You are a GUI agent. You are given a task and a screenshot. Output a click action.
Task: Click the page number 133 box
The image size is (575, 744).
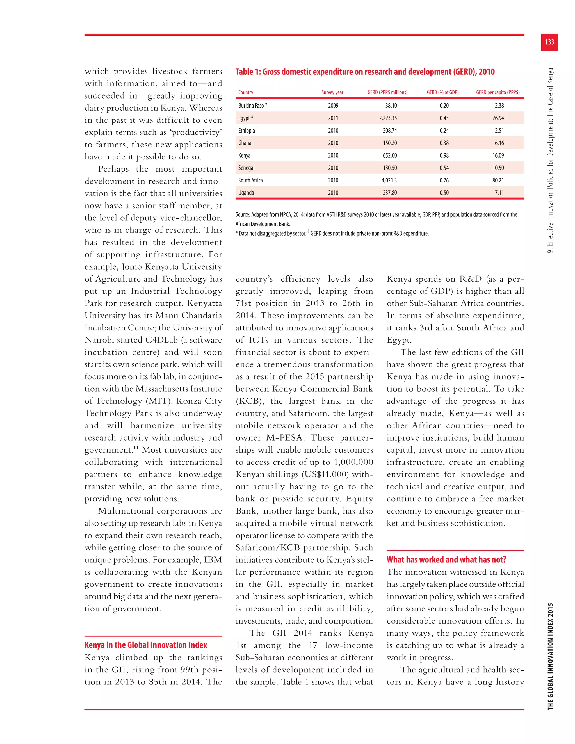549,42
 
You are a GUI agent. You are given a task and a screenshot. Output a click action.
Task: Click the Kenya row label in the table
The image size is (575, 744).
244,155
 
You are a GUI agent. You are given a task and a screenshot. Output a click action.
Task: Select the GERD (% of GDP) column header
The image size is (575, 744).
442,92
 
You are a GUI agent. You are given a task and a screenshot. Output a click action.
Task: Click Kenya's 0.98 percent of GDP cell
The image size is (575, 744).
444,155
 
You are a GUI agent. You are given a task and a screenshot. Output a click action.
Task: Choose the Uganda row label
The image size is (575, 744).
246,193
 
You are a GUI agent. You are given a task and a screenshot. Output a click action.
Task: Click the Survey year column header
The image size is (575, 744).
332,92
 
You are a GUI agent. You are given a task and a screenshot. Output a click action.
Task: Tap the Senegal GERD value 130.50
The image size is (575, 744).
389,168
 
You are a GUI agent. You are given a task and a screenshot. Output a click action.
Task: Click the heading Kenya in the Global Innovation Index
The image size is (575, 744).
145,645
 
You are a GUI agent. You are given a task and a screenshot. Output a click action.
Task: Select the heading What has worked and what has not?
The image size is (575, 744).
446,559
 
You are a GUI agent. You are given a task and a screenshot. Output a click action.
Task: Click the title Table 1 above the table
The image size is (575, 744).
365,72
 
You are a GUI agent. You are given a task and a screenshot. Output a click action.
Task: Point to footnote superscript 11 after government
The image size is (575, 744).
136,447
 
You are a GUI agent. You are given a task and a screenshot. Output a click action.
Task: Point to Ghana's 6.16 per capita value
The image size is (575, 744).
499,143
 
